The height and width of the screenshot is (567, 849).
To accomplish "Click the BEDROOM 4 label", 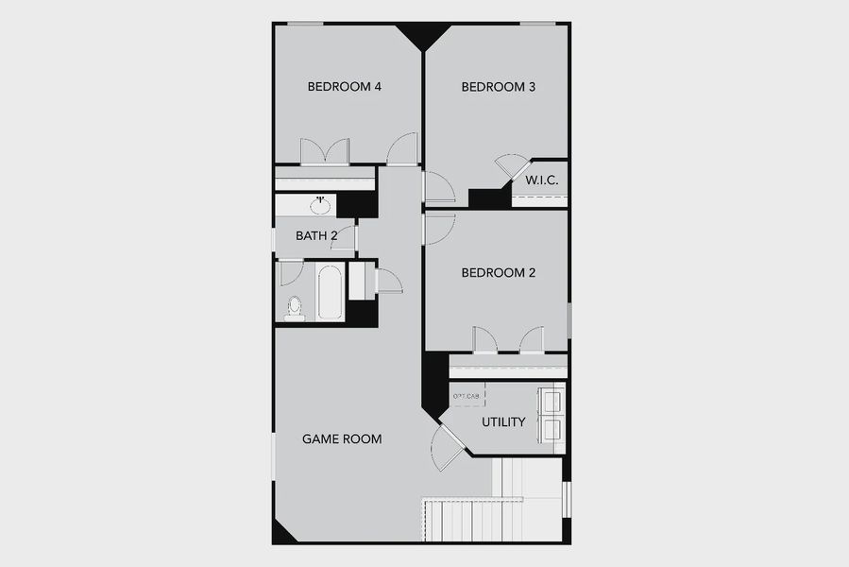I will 344,87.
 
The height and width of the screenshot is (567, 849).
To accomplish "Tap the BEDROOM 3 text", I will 499,87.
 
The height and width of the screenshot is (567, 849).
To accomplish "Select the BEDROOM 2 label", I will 498,273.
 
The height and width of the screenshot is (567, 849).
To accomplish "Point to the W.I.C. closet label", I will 541,180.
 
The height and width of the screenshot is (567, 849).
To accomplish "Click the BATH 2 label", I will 315,235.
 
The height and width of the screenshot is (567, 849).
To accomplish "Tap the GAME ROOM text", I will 342,438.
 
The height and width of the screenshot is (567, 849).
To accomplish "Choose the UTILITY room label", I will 503,421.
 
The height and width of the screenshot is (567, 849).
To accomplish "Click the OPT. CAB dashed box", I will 467,396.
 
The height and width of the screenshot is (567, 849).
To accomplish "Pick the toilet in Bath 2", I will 295,308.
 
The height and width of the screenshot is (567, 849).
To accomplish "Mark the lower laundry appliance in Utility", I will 551,430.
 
